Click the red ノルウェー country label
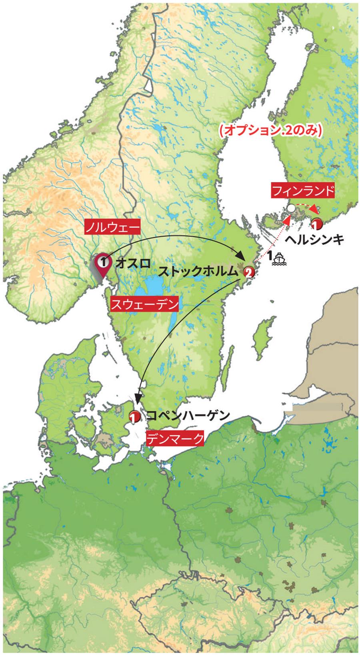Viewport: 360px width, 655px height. point(112,228)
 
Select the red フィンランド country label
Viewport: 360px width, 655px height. point(302,191)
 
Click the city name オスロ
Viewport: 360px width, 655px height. point(132,263)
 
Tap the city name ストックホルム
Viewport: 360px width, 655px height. point(198,272)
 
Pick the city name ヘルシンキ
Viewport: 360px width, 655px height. point(314,240)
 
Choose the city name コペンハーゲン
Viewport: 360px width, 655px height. point(188,416)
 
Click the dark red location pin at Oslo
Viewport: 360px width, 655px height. point(103,264)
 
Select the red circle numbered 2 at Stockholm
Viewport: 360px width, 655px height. point(248,273)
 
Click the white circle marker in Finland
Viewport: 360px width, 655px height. point(291,208)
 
